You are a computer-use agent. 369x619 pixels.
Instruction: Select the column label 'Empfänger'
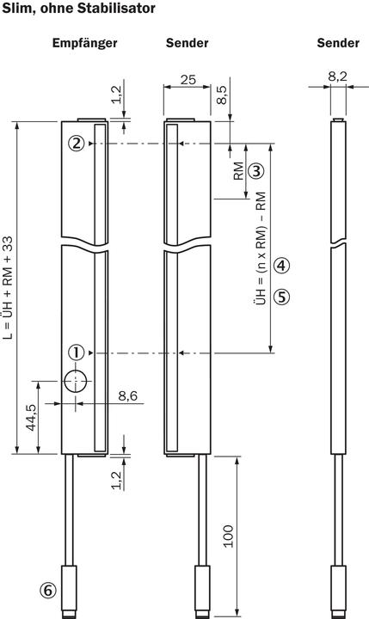tap(84, 42)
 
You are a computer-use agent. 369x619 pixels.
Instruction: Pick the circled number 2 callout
tap(77, 144)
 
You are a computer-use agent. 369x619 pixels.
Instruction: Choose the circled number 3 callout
tap(255, 170)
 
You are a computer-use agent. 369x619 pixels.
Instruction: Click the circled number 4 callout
tap(282, 265)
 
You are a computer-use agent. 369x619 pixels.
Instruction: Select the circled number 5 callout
tap(282, 297)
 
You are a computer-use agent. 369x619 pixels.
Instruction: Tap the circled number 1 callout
tap(77, 352)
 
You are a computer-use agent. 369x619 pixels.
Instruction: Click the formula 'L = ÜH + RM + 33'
tap(9, 289)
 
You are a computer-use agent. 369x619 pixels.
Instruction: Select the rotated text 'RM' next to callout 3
tap(236, 170)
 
